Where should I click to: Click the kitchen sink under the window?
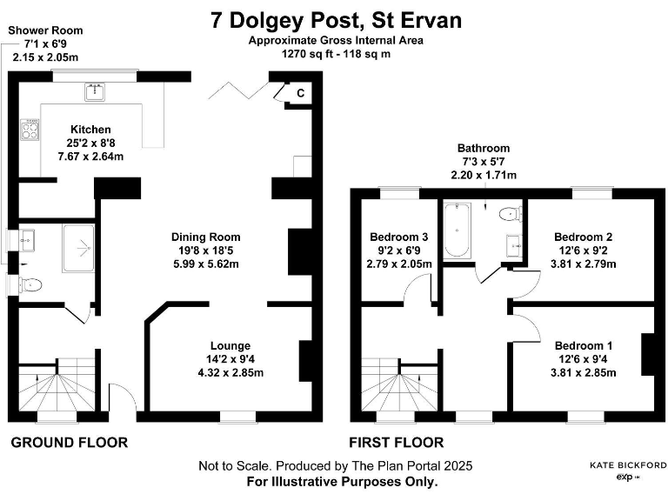click(x=95, y=92)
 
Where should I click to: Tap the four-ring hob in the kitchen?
click(x=30, y=129)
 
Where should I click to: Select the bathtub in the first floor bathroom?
click(x=458, y=230)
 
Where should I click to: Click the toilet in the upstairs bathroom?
click(x=510, y=213)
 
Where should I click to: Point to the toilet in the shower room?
click(x=30, y=284)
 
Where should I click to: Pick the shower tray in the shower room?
click(x=78, y=248)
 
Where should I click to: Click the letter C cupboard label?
click(x=301, y=93)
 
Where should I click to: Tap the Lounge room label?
click(x=230, y=345)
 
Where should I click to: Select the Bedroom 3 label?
click(x=398, y=237)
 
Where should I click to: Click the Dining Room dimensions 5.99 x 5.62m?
click(x=206, y=264)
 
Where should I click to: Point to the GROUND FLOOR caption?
click(x=70, y=443)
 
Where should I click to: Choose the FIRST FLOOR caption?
click(x=397, y=443)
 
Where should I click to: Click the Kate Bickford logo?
click(x=628, y=471)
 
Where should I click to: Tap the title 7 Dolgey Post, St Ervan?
click(x=336, y=20)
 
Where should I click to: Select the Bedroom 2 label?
click(x=584, y=237)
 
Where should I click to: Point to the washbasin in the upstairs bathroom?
click(x=514, y=245)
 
